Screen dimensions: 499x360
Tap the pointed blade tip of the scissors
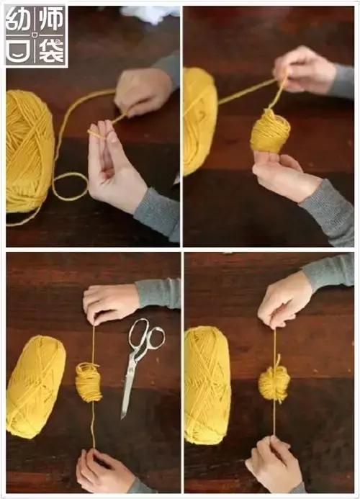(x=124, y=415)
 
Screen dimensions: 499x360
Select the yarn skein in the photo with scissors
(x=35, y=386)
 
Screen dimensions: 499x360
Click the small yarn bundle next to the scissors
(x=89, y=382)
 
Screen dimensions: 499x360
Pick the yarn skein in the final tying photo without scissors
(x=207, y=385)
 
